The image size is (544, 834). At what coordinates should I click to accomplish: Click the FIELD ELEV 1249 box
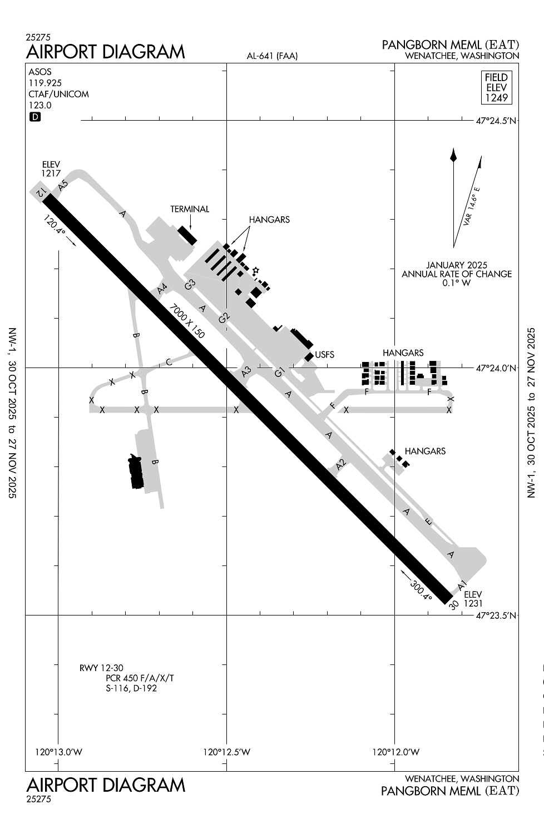[x=496, y=88]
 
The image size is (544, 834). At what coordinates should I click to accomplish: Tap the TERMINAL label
[x=190, y=209]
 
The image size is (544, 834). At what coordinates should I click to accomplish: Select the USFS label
[x=324, y=354]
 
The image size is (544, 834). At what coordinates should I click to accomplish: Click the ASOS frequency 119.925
[x=45, y=83]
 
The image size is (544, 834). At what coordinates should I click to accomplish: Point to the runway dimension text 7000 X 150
[x=187, y=321]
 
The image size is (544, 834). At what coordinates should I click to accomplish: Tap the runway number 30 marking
[x=453, y=604]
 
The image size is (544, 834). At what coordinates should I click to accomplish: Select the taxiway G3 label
[x=190, y=284]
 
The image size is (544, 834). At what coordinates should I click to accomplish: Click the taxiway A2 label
[x=341, y=463]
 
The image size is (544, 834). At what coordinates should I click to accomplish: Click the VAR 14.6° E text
[x=471, y=206]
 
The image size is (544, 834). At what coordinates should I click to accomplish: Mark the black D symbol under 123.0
[x=35, y=117]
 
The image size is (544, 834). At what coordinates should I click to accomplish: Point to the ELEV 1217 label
[x=51, y=169]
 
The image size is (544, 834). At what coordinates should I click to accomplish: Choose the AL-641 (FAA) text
[x=273, y=56]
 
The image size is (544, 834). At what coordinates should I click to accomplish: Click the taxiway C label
[x=169, y=363]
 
